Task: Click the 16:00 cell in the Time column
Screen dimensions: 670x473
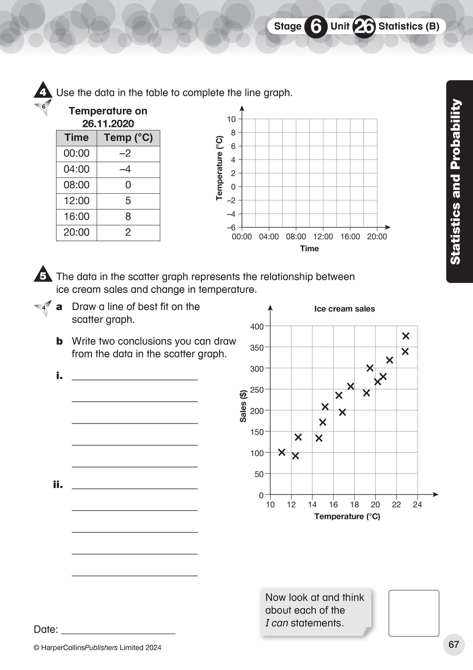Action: click(x=77, y=217)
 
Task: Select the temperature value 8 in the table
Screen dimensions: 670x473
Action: click(x=128, y=217)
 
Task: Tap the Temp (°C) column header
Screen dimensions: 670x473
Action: click(x=128, y=138)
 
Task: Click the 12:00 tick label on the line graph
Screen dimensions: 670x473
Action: click(x=323, y=236)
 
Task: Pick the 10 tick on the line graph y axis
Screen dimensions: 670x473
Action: click(x=231, y=119)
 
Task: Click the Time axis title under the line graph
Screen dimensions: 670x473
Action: click(x=309, y=248)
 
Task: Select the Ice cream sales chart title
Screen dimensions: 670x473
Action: click(x=344, y=309)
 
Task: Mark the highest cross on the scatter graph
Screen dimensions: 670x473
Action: click(x=406, y=336)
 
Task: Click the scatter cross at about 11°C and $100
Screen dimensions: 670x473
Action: click(x=282, y=452)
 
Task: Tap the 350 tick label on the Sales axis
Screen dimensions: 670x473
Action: click(x=257, y=348)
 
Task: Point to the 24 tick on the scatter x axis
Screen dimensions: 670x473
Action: click(x=417, y=505)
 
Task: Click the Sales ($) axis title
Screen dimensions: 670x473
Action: click(x=243, y=406)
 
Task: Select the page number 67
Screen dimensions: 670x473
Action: click(x=453, y=644)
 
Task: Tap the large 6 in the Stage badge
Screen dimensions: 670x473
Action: click(x=316, y=27)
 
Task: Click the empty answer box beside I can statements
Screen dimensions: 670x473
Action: click(x=414, y=613)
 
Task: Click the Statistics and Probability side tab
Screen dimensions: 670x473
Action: click(x=456, y=182)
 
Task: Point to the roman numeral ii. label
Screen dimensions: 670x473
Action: click(x=58, y=484)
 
